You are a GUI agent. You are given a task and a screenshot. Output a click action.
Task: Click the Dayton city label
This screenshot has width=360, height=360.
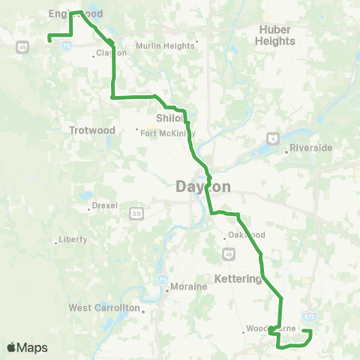pos(203,187)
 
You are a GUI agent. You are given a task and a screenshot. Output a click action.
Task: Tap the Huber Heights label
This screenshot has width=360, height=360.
pos(275,35)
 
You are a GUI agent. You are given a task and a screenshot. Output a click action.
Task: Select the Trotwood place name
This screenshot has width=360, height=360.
pos(92,130)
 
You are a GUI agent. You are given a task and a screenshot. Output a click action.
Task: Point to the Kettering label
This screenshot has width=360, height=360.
pos(237,278)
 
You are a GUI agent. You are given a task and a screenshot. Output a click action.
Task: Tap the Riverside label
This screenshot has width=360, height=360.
pos(310,148)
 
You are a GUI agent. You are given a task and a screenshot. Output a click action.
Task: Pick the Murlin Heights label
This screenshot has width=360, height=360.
pos(164,45)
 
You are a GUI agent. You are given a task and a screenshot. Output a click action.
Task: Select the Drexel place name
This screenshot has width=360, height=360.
pos(104,205)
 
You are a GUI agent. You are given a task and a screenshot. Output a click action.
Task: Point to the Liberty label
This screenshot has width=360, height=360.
pos(74,240)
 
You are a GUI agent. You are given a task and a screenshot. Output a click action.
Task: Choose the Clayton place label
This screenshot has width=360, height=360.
pos(110,53)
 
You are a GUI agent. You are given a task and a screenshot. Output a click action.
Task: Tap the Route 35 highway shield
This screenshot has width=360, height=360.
pos(136,213)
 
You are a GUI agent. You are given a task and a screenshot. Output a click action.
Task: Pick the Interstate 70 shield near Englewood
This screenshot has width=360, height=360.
pos(67,46)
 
